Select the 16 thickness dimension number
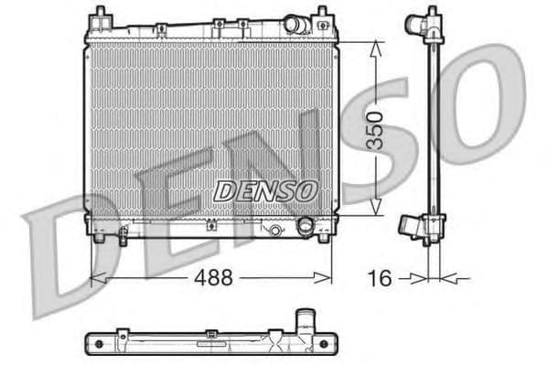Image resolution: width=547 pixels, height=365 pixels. click(x=380, y=277)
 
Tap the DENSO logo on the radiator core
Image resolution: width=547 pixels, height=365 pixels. click(x=266, y=190)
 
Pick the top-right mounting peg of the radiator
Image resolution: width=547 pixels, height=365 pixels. click(x=322, y=16)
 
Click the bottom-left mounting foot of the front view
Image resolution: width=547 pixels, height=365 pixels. click(x=98, y=239)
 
